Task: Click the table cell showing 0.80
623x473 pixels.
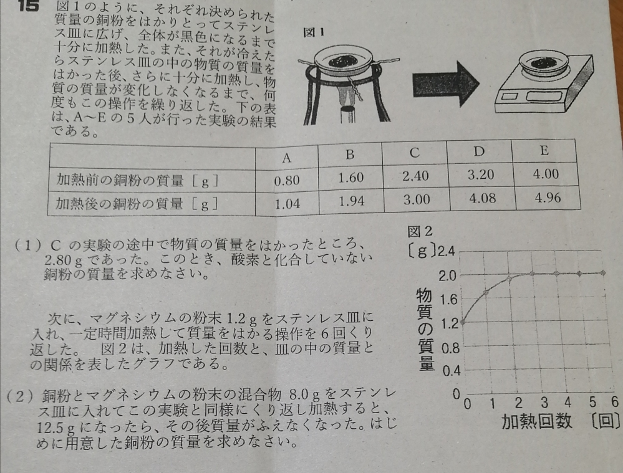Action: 286,181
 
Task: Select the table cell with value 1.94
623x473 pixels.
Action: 352,201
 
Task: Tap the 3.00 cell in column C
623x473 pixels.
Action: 417,199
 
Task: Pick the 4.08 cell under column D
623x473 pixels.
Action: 482,198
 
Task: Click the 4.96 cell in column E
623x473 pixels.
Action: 548,197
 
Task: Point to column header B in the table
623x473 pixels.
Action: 350,154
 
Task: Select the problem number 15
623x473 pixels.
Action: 28,6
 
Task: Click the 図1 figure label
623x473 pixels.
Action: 314,32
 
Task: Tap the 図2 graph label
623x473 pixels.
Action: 420,231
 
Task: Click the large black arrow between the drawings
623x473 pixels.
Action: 445,84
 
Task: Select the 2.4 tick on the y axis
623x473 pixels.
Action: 446,251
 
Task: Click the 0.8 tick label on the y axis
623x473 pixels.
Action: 450,348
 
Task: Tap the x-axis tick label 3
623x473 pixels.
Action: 544,403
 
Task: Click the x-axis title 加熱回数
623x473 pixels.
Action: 537,422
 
